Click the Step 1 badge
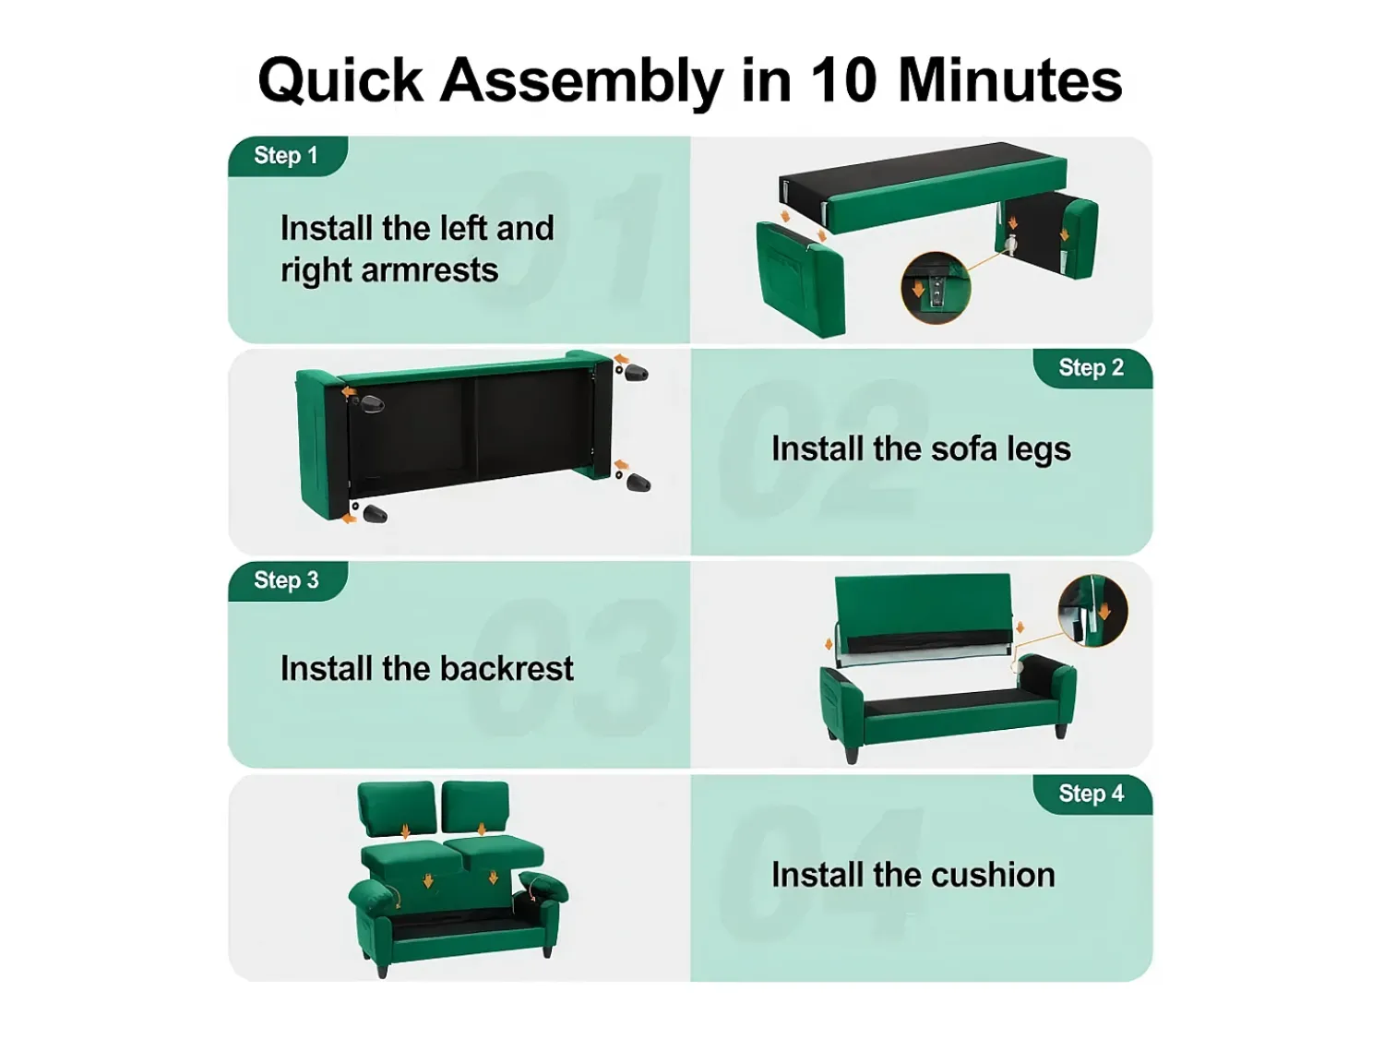pos(288,156)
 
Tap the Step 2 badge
pos(1092,368)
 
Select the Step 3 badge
pos(288,580)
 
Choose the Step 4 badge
pos(1092,794)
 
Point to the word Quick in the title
pos(340,81)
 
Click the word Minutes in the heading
pos(1010,80)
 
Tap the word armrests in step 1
pos(430,271)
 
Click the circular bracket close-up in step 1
pos(936,288)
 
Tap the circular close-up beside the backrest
pos(1092,610)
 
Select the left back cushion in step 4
pos(396,810)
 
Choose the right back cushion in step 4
pos(475,809)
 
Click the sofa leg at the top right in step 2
pos(637,373)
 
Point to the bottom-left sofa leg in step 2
pos(376,514)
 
